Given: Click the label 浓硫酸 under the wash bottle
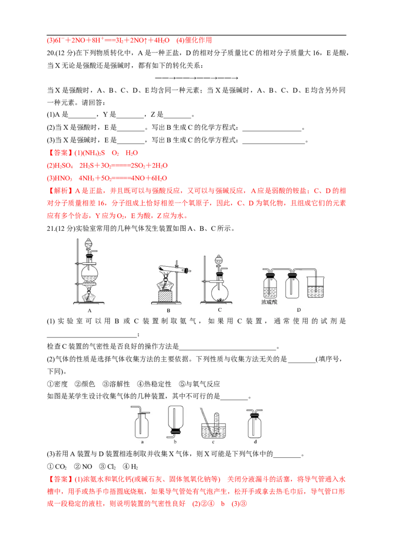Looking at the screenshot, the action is (269, 302).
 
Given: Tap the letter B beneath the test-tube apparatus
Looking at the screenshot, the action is (168, 310).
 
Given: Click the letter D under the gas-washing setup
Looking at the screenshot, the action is (299, 309).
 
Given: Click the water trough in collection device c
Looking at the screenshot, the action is (213, 430).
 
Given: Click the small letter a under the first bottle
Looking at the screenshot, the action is (142, 442).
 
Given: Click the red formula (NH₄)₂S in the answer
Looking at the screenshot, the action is (93, 153).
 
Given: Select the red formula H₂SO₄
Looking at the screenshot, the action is (63, 166).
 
